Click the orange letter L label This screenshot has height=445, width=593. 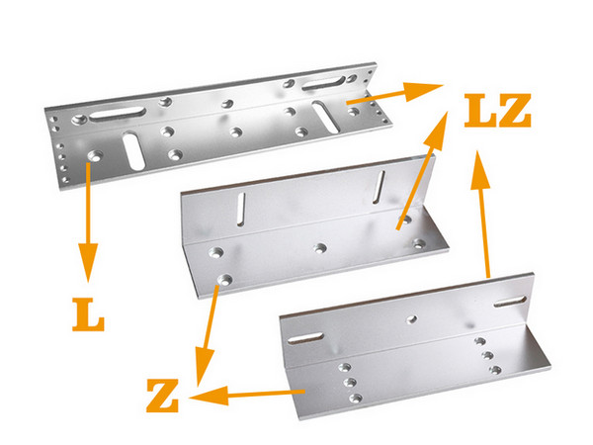pyautogui.click(x=88, y=314)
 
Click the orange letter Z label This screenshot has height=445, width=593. pyautogui.click(x=163, y=396)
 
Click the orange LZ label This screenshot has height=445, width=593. pyautogui.click(x=498, y=110)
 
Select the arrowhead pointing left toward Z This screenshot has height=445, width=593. pyautogui.click(x=209, y=396)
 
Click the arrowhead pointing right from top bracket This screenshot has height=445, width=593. pyautogui.click(x=422, y=91)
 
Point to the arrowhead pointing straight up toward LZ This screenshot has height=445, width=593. pyautogui.click(x=480, y=169)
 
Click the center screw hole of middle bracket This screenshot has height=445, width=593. pyautogui.click(x=320, y=248)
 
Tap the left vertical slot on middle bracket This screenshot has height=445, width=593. pyautogui.click(x=241, y=210)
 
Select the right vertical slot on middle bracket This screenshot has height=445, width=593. pyautogui.click(x=379, y=187)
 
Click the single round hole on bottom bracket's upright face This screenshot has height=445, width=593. pyautogui.click(x=412, y=319)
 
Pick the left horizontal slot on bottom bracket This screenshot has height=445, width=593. pyautogui.click(x=305, y=338)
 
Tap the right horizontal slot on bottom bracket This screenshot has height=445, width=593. pyautogui.click(x=510, y=302)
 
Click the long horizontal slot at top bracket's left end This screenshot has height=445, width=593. pyautogui.click(x=118, y=114)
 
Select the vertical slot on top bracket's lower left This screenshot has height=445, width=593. pyautogui.click(x=133, y=150)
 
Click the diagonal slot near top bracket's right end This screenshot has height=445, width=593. pyautogui.click(x=325, y=117)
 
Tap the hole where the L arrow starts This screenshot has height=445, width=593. pyautogui.click(x=95, y=155)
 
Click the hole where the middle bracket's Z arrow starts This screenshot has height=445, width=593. pyautogui.click(x=225, y=280)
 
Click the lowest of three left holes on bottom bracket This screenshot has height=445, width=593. pyautogui.click(x=356, y=398)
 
